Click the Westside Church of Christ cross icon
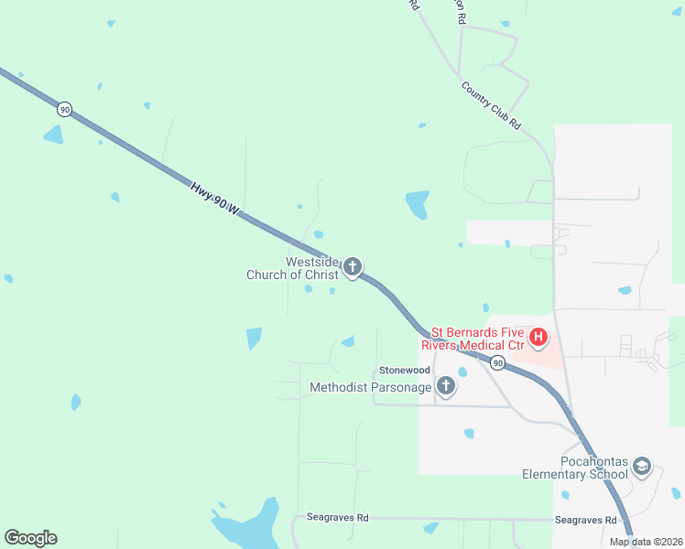352,268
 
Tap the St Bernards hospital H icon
538,339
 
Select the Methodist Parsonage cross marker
445,387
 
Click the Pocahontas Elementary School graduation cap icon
641,468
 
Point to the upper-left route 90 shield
64,109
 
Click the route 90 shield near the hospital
496,363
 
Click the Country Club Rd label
491,105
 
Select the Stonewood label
405,371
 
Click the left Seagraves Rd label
337,518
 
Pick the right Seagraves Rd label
585,520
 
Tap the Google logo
30,538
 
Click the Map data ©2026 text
646,542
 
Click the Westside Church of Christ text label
293,268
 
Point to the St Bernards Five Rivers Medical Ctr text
473,339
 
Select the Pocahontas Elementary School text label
575,468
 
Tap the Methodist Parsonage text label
370,388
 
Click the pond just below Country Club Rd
417,204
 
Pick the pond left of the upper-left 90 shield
53,135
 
